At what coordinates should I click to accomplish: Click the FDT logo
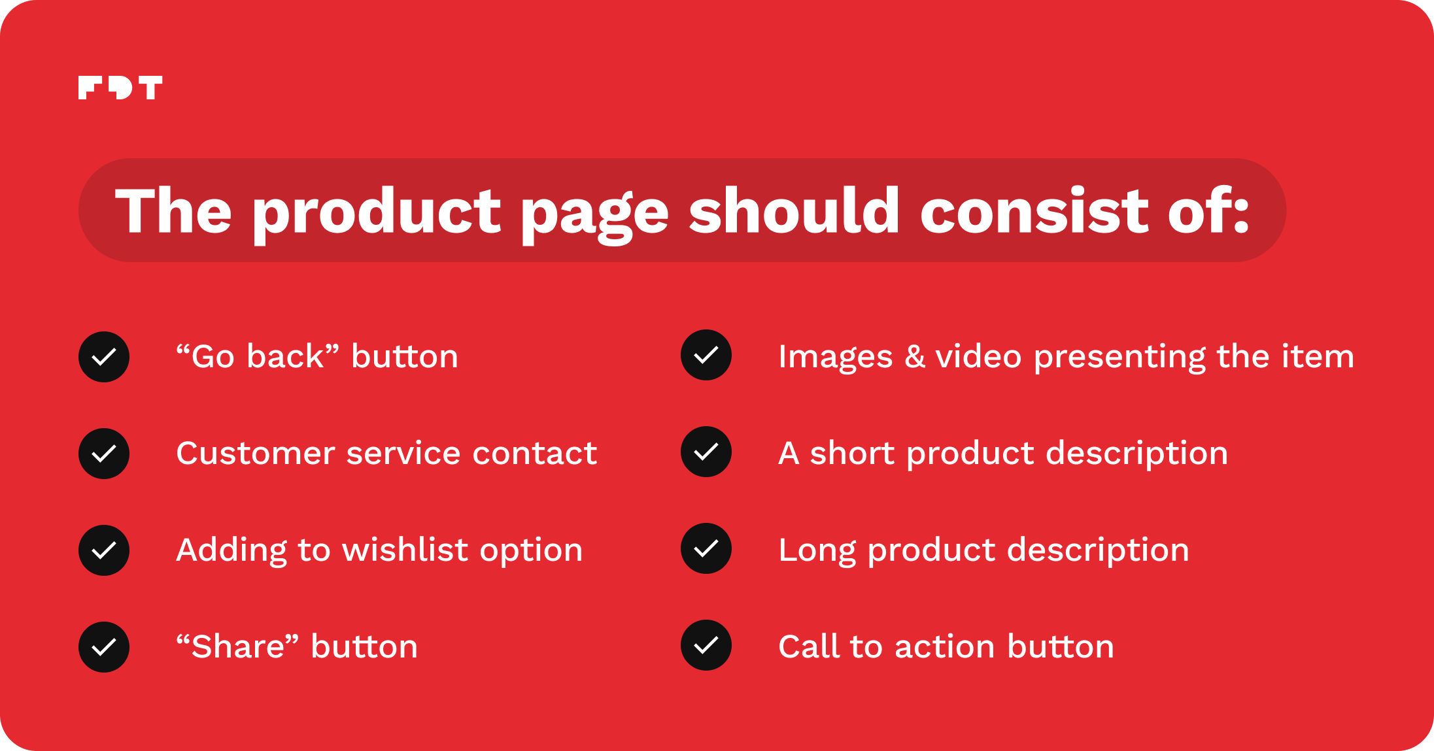pyautogui.click(x=120, y=88)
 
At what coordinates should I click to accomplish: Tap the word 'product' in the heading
pyautogui.click(x=377, y=214)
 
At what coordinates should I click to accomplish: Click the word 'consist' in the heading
pyautogui.click(x=1034, y=210)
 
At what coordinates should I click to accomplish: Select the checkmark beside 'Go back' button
pyautogui.click(x=104, y=357)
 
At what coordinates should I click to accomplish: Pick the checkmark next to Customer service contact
pyautogui.click(x=104, y=454)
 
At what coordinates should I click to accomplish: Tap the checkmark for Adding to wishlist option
pyautogui.click(x=104, y=550)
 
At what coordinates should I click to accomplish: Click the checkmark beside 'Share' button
pyautogui.click(x=104, y=647)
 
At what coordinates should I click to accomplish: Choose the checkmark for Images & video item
pyautogui.click(x=706, y=355)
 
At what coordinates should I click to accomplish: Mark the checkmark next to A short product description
pyautogui.click(x=706, y=452)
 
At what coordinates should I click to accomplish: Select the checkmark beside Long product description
pyautogui.click(x=706, y=548)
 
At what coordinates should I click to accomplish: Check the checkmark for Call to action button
pyautogui.click(x=706, y=645)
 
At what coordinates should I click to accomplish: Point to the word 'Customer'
pyautogui.click(x=256, y=453)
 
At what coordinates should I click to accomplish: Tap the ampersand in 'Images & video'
pyautogui.click(x=915, y=357)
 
